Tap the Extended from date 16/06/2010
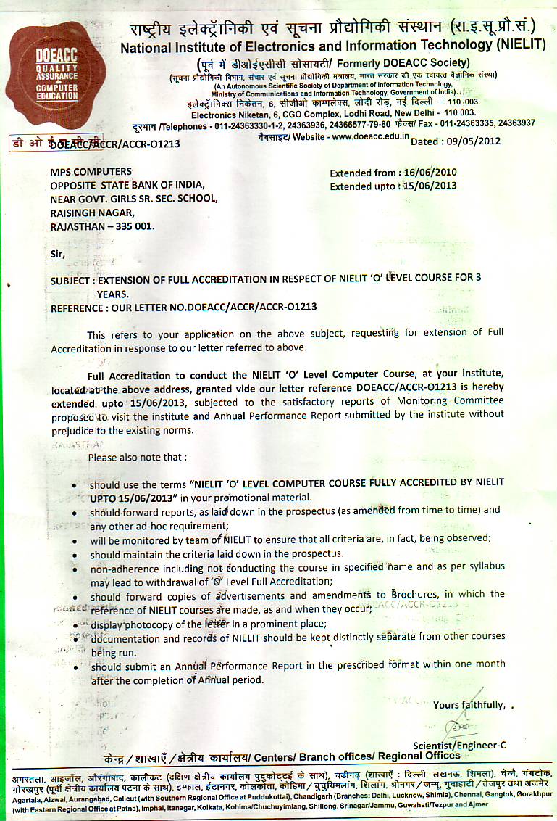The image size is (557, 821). (x=430, y=173)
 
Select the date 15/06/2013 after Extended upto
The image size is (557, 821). (x=430, y=186)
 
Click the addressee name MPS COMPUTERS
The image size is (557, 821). (x=91, y=172)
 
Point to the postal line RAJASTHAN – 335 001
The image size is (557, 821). (x=102, y=226)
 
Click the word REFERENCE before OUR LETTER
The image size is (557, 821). (x=77, y=307)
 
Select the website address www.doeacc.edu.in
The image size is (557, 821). (x=370, y=136)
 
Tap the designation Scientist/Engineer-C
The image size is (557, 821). (x=459, y=745)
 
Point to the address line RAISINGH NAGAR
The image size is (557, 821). (x=92, y=213)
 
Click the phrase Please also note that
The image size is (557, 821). (x=137, y=458)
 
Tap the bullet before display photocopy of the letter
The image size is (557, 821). (x=78, y=624)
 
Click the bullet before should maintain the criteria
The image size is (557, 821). (x=78, y=555)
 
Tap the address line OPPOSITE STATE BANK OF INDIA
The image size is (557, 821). (x=122, y=185)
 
